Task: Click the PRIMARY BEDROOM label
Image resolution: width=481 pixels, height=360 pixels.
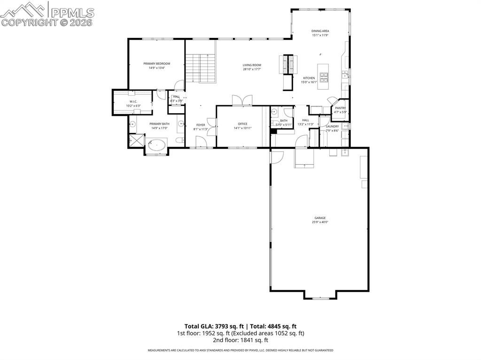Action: tap(156, 63)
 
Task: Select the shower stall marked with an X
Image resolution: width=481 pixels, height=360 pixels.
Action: tap(136, 140)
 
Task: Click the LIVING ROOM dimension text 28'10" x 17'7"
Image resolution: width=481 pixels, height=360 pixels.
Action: tap(252, 69)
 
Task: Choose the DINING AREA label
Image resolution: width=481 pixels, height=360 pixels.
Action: tap(320, 31)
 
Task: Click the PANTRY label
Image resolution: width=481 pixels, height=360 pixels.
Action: tap(340, 108)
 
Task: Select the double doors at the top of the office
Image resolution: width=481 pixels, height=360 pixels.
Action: tap(242, 100)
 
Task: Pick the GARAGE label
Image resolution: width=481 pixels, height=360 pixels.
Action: tap(320, 218)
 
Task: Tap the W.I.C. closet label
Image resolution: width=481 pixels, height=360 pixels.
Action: tap(133, 101)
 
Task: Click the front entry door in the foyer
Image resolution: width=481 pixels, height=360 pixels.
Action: tap(201, 142)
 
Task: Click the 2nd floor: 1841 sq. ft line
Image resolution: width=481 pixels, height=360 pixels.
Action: tap(240, 340)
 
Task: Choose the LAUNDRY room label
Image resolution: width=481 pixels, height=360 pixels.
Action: tap(332, 126)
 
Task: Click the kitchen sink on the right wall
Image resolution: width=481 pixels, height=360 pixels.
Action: tap(345, 75)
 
